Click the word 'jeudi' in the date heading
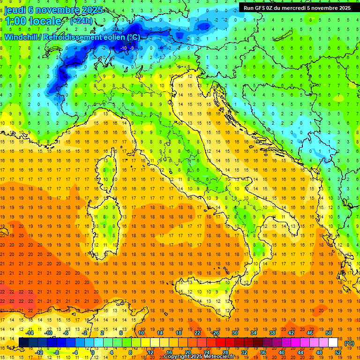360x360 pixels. click(16, 10)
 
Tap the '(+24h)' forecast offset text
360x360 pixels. click(81, 21)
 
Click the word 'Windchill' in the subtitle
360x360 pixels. click(22, 37)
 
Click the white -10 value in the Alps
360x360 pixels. click(124, 48)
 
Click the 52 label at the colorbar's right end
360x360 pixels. click(338, 352)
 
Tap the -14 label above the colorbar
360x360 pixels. click(30, 333)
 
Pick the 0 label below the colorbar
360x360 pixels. click(93, 352)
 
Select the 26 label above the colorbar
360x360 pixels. click(216, 333)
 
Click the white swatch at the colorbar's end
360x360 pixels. click(333, 343)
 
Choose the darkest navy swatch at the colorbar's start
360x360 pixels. click(23, 343)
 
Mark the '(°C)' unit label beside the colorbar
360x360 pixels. click(349, 343)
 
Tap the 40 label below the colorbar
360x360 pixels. click(281, 352)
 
